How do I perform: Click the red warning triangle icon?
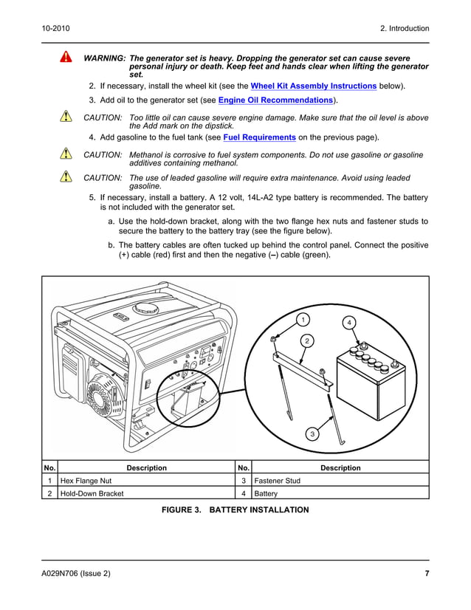tap(66, 58)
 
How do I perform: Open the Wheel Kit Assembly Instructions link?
tap(314, 86)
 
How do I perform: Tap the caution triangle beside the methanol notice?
tap(66, 155)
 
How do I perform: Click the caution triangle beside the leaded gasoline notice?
tap(66, 177)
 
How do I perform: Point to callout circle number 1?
tap(302, 319)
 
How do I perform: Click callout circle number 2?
tap(306, 340)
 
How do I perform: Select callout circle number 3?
tap(312, 434)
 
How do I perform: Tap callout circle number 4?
tap(348, 323)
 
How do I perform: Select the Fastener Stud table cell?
tap(340, 480)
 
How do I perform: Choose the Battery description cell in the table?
tap(340, 493)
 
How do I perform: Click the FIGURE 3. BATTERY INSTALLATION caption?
tap(235, 510)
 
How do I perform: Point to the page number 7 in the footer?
tap(427, 574)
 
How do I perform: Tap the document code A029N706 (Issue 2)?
tap(76, 574)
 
